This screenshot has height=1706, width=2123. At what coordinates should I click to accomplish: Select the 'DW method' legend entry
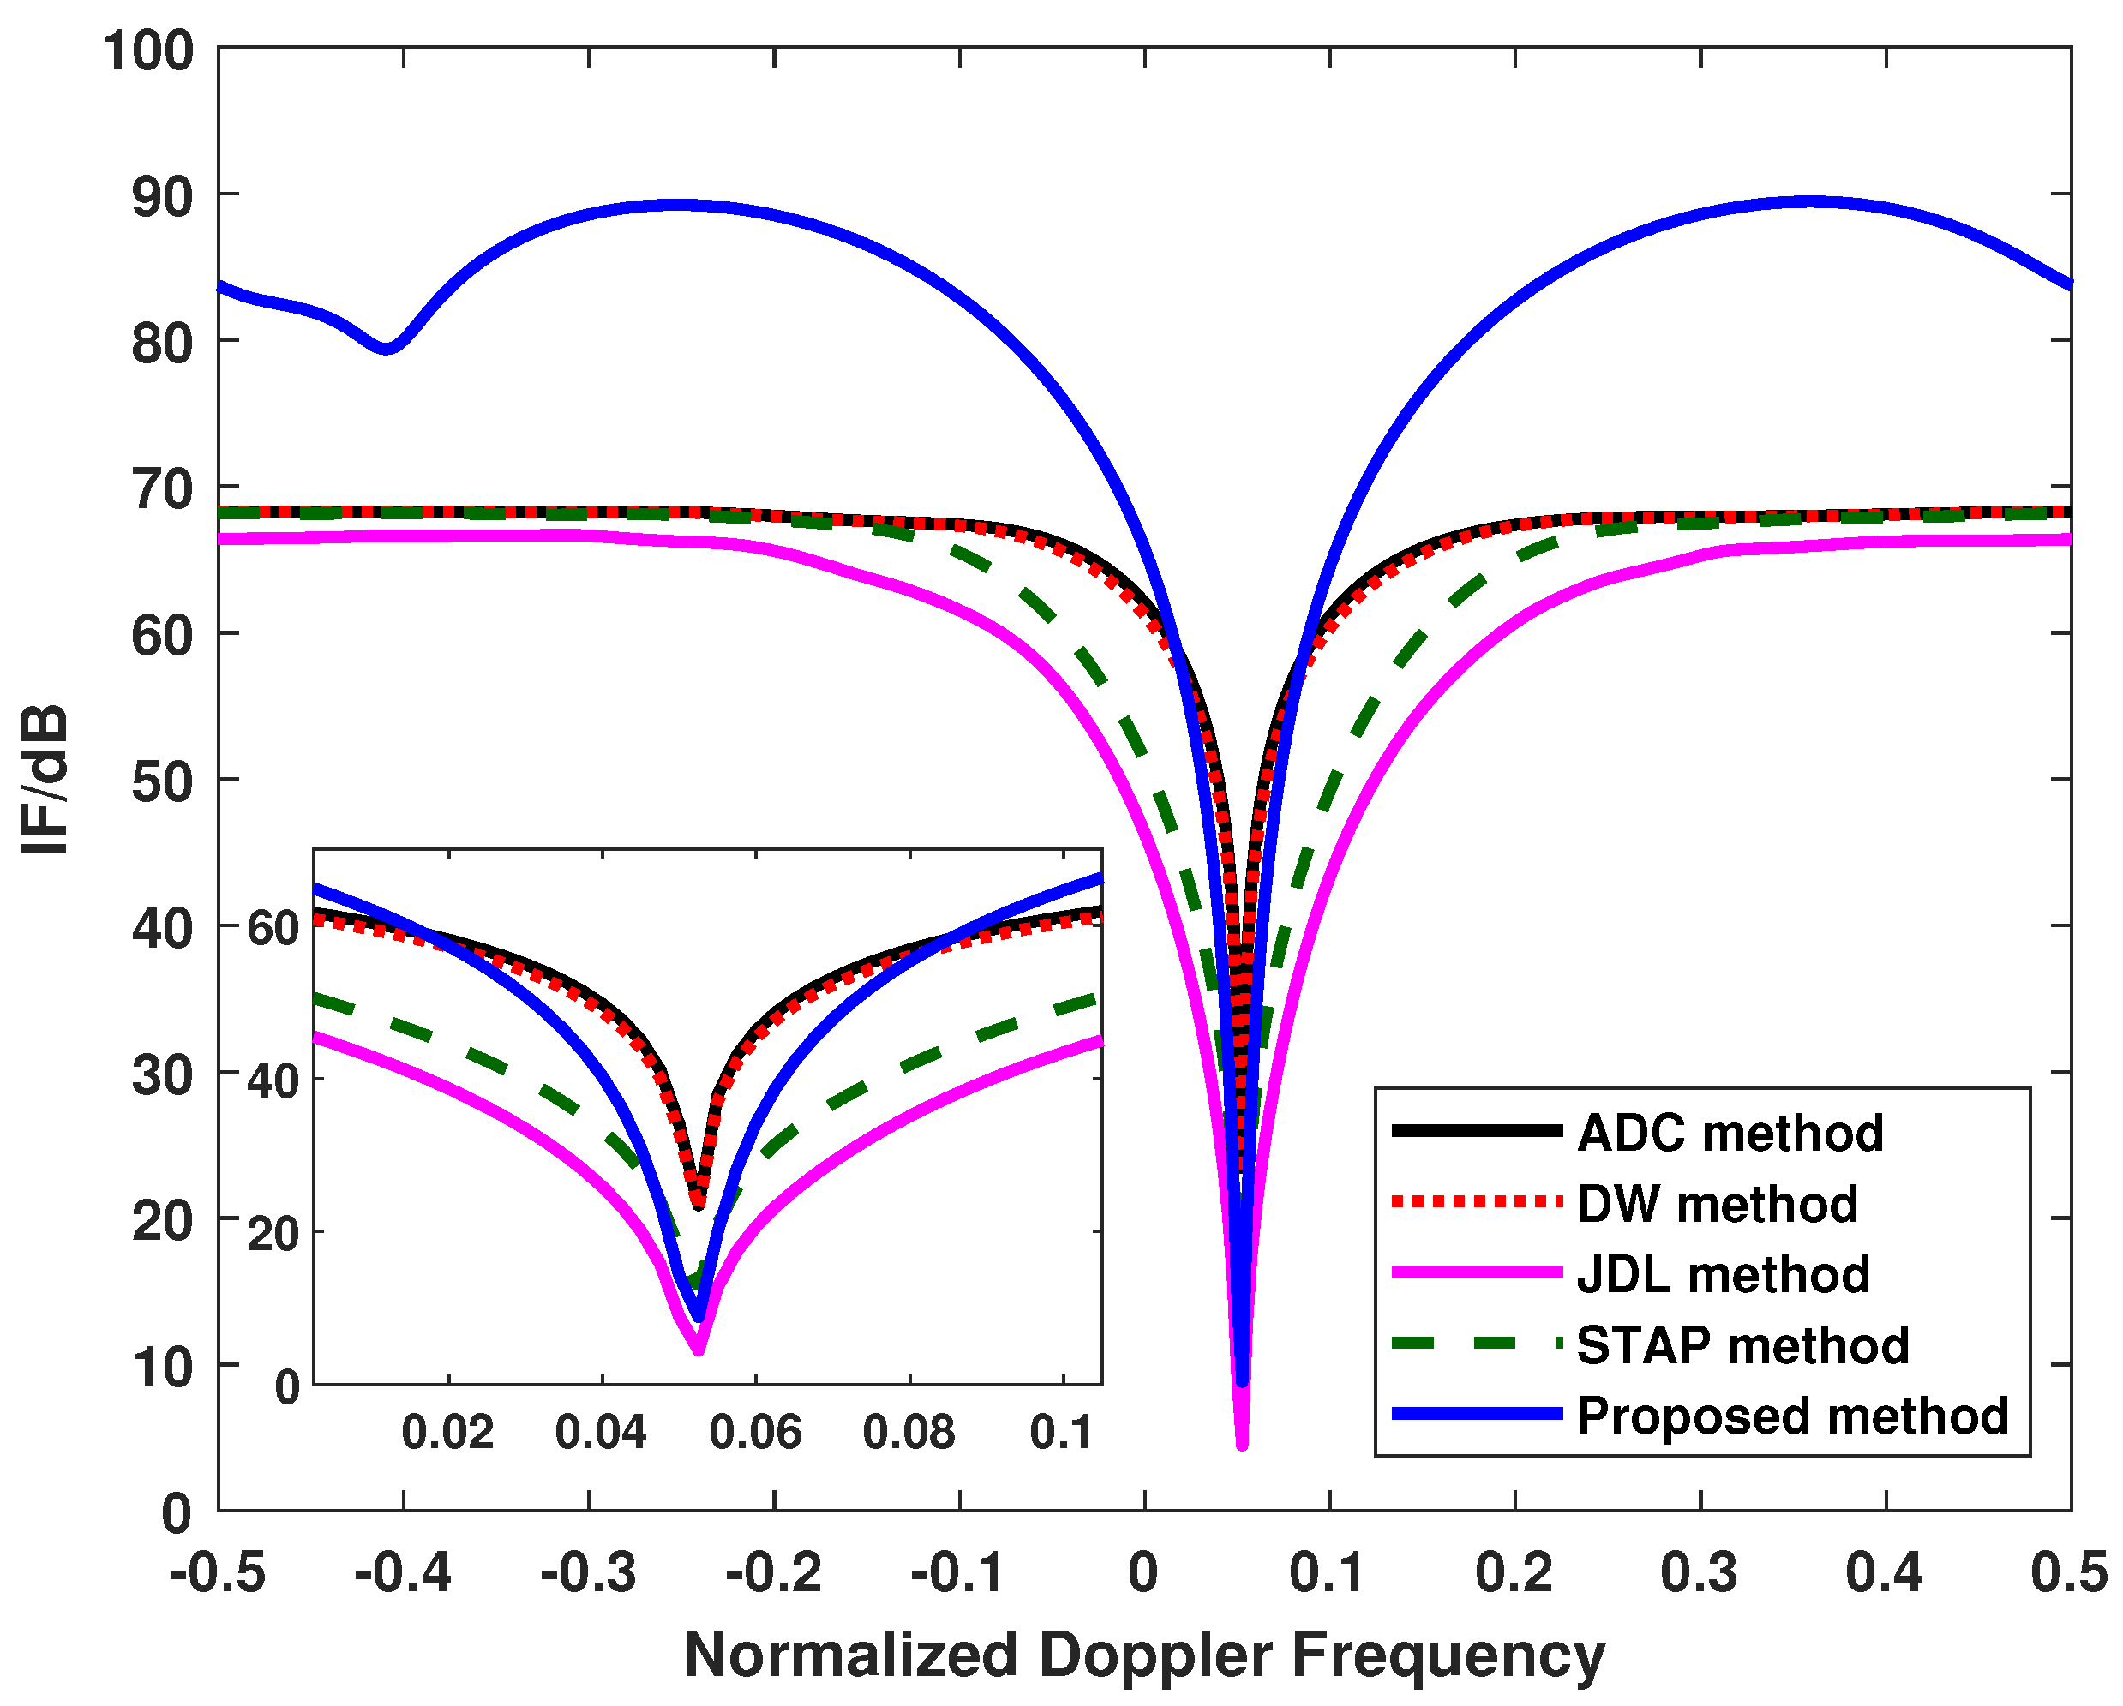1718,1204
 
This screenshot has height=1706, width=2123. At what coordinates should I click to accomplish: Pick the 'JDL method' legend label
1724,1275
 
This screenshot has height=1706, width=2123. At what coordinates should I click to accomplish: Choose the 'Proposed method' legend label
1792,1416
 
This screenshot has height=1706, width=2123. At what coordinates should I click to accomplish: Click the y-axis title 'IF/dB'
45,780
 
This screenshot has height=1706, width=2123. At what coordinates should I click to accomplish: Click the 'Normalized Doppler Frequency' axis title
1144,1655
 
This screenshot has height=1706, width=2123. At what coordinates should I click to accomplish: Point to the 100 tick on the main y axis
148,49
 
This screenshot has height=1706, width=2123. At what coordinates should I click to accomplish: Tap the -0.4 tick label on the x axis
403,1572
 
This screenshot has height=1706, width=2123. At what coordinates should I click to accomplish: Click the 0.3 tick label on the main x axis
1700,1572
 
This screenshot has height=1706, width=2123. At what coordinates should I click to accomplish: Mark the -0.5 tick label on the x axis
218,1572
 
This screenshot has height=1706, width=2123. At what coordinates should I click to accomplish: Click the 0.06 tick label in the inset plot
755,1433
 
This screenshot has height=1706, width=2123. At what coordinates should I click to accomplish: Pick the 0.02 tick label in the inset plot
447,1433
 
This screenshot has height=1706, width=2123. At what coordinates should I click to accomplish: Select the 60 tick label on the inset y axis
273,928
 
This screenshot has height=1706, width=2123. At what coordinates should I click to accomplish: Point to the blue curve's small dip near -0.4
387,348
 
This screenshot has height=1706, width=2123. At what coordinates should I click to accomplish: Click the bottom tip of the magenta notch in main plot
1242,1444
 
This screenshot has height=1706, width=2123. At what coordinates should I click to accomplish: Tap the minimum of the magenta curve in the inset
699,1350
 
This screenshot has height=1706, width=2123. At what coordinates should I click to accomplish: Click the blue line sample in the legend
1477,1415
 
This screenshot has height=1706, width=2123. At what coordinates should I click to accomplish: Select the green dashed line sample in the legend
1477,1344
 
